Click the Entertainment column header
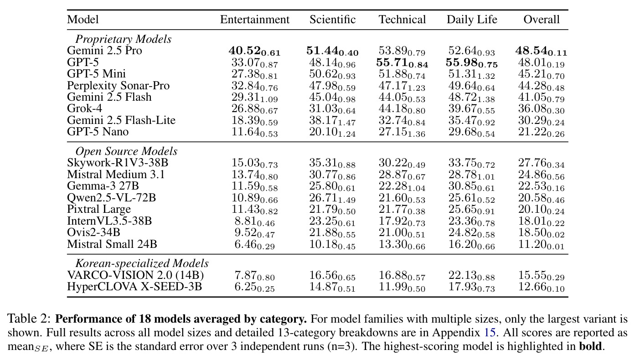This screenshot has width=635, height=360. (254, 20)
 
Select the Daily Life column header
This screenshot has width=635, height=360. (472, 20)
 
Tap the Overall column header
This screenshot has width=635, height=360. (542, 20)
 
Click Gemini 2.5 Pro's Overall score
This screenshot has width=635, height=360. (541, 51)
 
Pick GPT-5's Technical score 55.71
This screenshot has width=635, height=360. (402, 62)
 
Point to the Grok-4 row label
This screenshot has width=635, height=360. (84, 108)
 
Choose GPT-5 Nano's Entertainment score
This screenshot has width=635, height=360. (254, 132)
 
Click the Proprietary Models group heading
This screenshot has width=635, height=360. (124, 39)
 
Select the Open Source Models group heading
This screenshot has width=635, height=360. (126, 151)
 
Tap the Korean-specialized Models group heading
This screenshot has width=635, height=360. (142, 263)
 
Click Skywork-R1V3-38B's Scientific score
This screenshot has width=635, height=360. (332, 163)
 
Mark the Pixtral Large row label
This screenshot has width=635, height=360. (99, 209)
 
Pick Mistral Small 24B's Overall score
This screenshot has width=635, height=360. (541, 244)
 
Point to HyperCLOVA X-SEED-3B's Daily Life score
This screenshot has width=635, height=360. (472, 287)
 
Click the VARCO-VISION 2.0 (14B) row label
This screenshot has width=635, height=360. (135, 275)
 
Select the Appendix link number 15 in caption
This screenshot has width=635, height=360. (489, 332)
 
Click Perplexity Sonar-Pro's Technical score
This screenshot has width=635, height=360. (402, 86)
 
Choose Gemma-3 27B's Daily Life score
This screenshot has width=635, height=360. (472, 186)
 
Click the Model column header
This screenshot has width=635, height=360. (83, 20)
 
